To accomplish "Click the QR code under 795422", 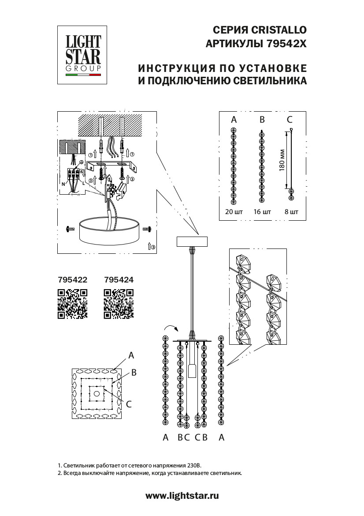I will tap(73, 304).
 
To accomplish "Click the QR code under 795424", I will tap(119, 304).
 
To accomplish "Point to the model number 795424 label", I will tap(119, 279).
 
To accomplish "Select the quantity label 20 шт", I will tap(233, 212).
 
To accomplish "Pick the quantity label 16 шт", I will tap(262, 212).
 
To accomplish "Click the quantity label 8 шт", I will tap(291, 212).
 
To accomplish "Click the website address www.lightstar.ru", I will tap(182, 496).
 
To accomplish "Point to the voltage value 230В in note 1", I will tap(194, 465).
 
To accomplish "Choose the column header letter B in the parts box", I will tap(262, 120).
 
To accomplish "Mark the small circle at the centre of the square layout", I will tap(97, 393).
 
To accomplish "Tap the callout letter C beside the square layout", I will tap(129, 403).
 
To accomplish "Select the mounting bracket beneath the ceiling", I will tap(112, 167).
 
